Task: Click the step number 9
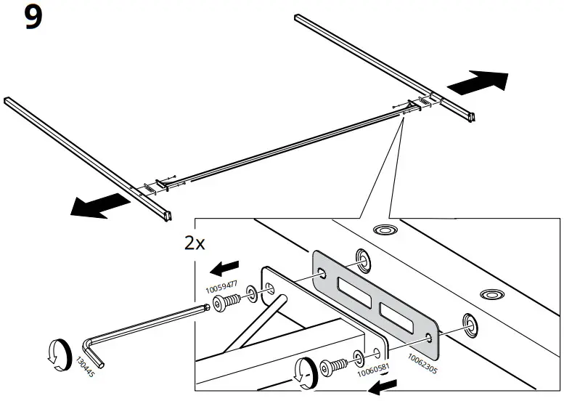point(33,17)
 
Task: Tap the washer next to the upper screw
point(250,294)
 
